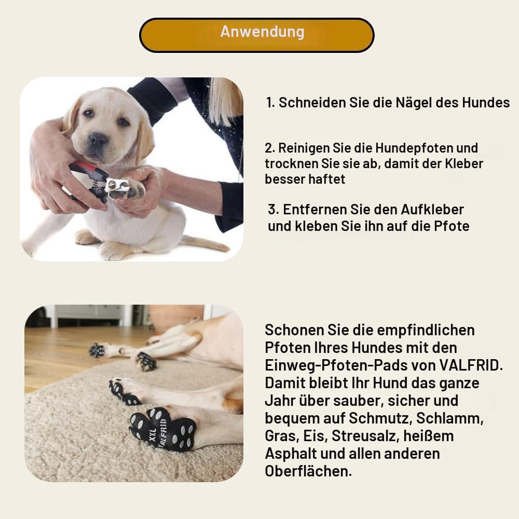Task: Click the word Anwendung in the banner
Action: click(x=262, y=32)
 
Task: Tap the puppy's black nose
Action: click(x=98, y=140)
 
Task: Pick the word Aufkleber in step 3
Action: click(x=432, y=210)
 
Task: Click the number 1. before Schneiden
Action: click(x=271, y=103)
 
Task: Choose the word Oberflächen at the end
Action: click(x=308, y=471)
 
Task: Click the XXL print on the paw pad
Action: click(x=153, y=436)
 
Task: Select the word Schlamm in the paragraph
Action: click(x=450, y=418)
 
